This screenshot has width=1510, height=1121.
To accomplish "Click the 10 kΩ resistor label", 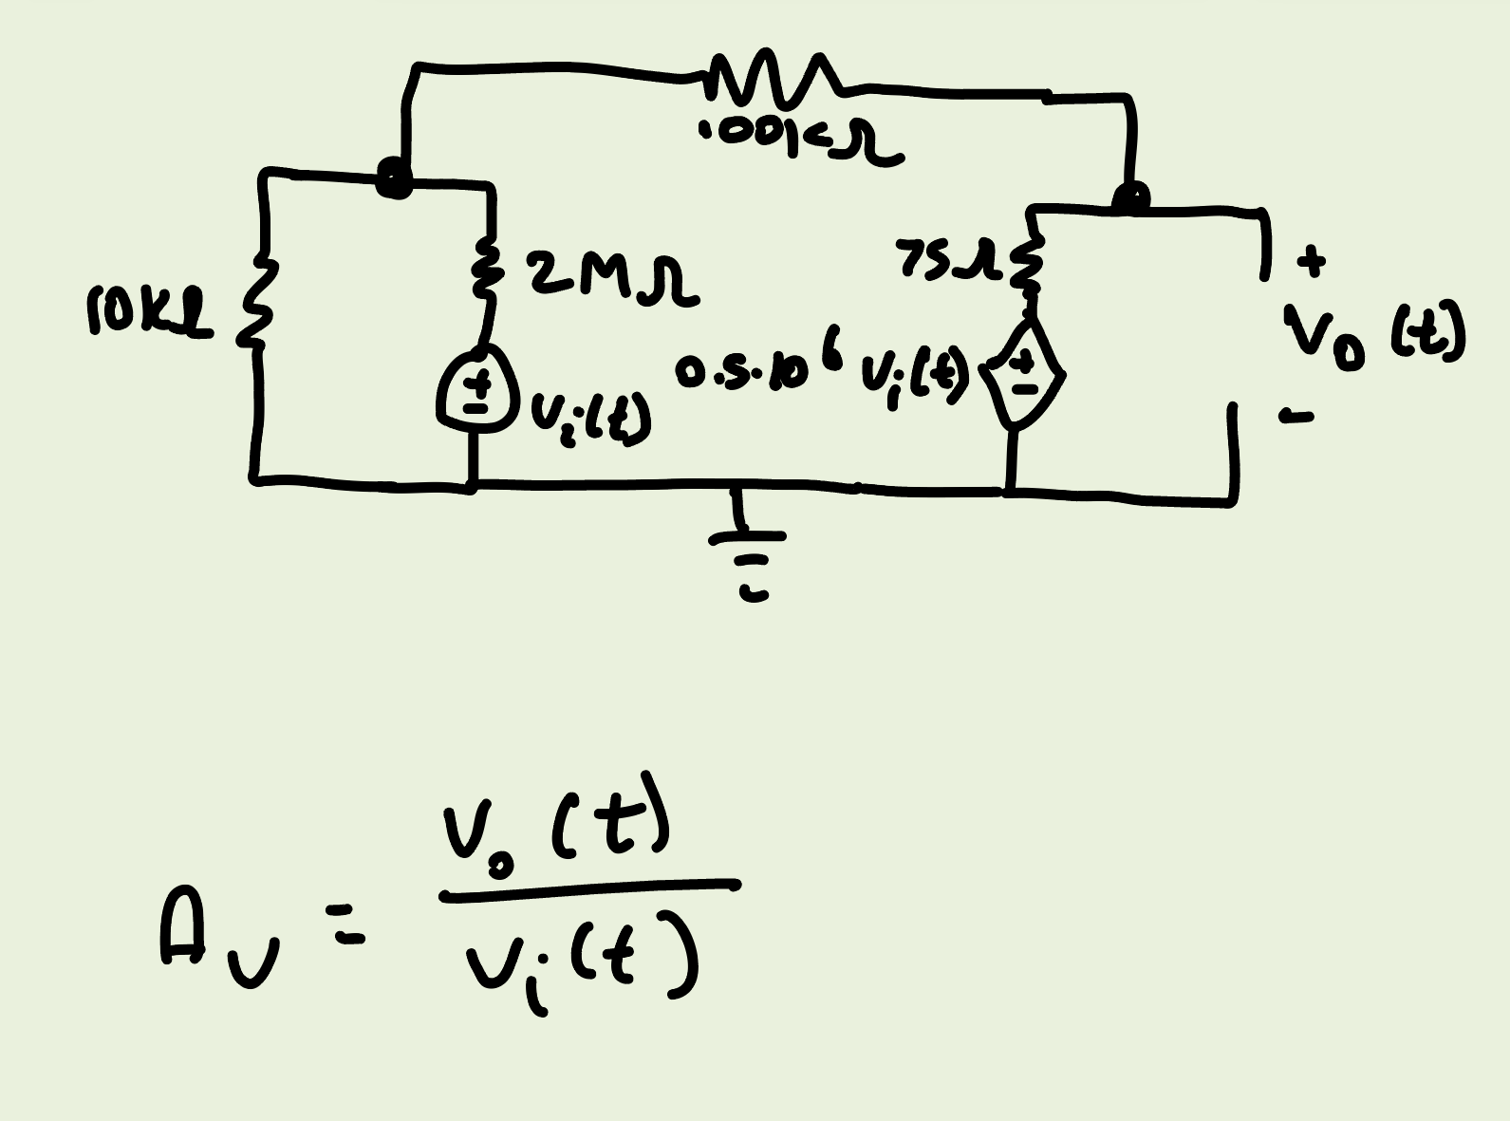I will (149, 310).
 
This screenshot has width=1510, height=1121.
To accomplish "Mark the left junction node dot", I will (394, 178).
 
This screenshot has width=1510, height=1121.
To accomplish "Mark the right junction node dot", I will (1129, 198).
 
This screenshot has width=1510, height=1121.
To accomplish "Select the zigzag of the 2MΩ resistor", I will (486, 271).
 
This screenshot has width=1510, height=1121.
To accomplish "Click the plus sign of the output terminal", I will (1312, 260).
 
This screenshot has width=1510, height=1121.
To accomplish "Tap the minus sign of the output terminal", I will (1296, 415).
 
